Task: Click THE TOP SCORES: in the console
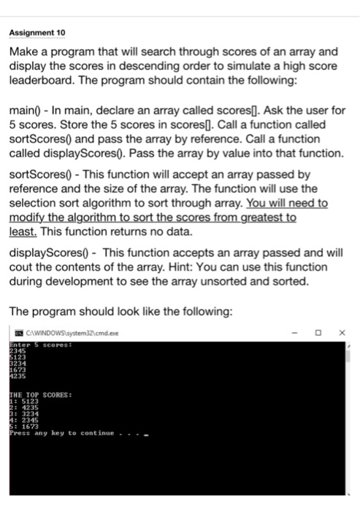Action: tap(40, 395)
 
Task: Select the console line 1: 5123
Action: tap(23, 402)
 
